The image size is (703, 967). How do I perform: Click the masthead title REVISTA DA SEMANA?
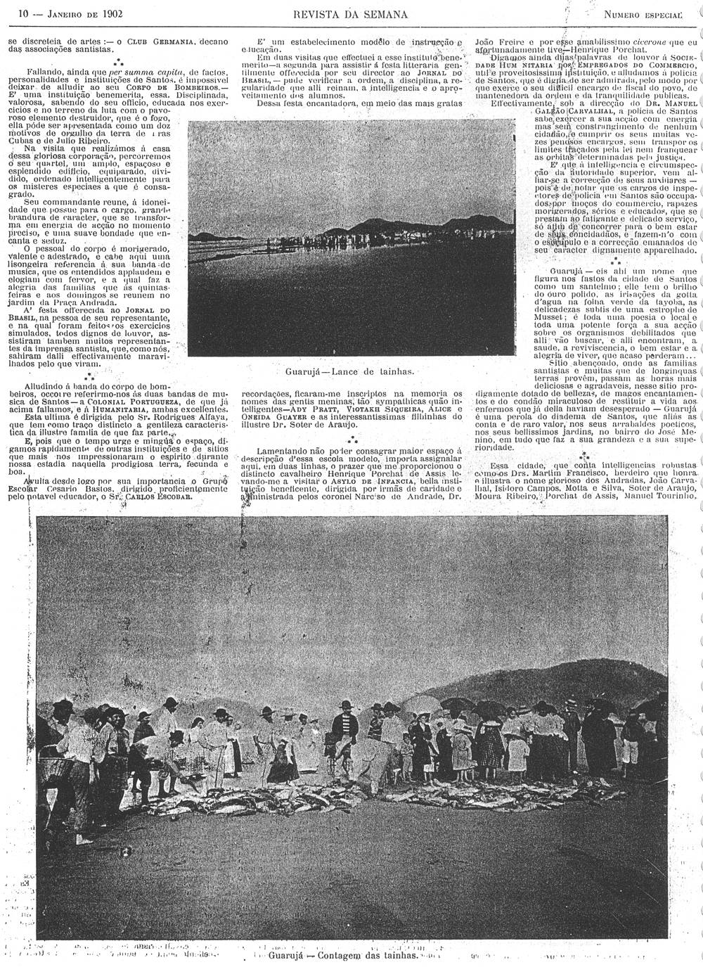tap(351, 13)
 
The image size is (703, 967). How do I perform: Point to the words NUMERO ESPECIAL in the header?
tap(643, 14)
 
